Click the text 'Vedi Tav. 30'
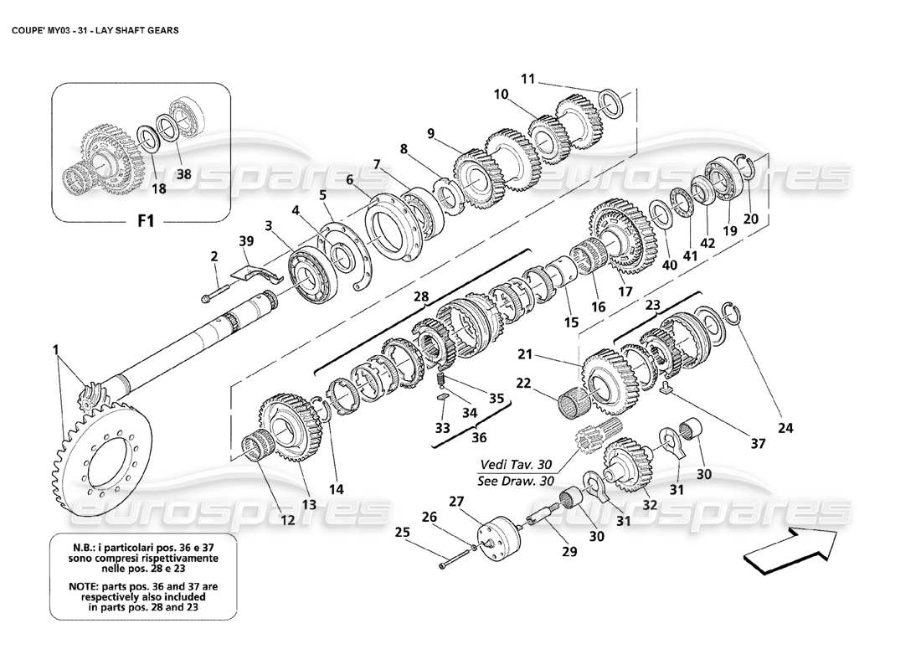[x=516, y=465]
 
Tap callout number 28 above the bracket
[x=419, y=296]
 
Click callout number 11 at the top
[x=527, y=79]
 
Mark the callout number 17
[x=625, y=292]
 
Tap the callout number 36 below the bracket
[x=478, y=437]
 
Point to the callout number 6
[x=349, y=179]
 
